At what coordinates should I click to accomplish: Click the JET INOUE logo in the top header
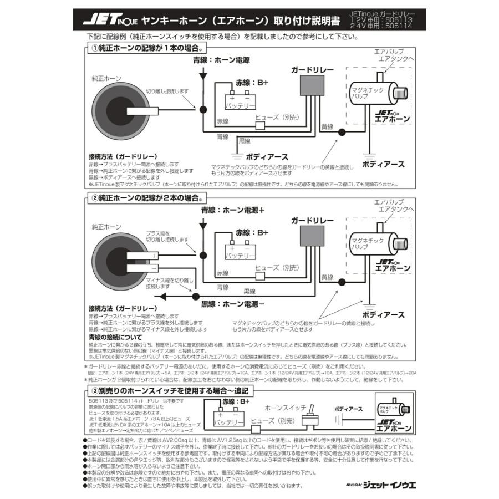coord(109,21)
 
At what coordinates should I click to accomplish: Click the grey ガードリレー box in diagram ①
coord(312,84)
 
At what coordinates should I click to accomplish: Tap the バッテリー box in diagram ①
coord(240,101)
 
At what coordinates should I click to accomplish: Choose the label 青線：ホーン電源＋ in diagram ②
coord(233,211)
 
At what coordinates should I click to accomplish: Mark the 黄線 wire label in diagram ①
coord(327,126)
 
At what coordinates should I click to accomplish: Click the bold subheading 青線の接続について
coord(115,337)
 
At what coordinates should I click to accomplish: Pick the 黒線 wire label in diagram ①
coord(245,141)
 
